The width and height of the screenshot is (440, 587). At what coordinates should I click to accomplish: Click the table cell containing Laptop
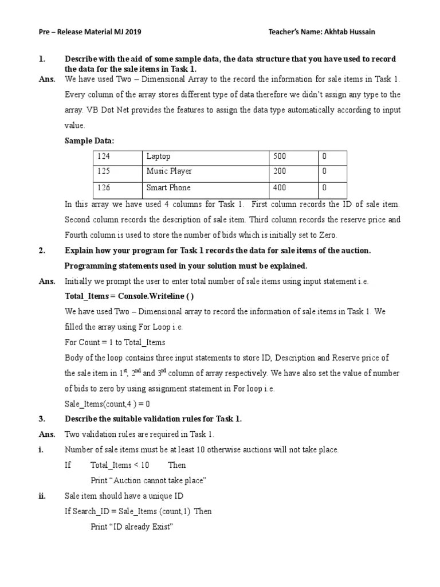pos(205,156)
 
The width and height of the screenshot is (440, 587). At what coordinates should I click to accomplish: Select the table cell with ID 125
pos(117,171)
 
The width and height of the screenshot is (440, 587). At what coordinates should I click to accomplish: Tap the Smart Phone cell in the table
pos(205,188)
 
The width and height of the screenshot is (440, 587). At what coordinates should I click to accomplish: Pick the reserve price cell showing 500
pos(293,156)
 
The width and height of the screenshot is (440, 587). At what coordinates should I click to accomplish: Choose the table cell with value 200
pos(293,171)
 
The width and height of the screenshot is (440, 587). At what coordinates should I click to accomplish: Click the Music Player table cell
pos(205,171)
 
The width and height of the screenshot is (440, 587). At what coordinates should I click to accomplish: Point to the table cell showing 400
pos(293,188)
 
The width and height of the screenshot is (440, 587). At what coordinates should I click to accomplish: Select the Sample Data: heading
pos(89,140)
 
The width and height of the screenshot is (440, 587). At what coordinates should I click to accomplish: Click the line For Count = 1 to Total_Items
pos(115,342)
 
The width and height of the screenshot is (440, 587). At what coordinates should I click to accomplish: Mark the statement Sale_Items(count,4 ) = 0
pos(107,404)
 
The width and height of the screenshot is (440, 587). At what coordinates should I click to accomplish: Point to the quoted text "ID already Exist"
pos(131,527)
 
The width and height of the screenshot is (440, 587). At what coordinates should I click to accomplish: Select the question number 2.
pos(41,251)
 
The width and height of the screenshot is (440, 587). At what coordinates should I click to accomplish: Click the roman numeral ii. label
pos(41,496)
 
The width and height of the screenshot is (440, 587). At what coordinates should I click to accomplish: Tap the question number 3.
pos(41,419)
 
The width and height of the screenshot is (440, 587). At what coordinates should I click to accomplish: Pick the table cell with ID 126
pos(117,188)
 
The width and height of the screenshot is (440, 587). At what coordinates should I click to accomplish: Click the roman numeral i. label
pos(41,450)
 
